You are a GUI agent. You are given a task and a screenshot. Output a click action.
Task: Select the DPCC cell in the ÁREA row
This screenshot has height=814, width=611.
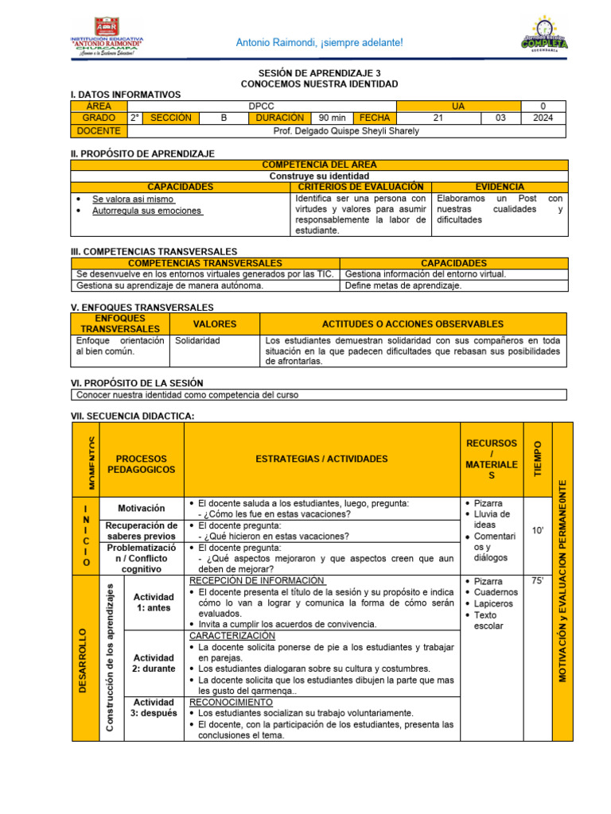pyautogui.click(x=261, y=106)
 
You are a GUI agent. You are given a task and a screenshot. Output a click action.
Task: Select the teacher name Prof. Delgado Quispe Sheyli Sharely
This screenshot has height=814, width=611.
pyautogui.click(x=345, y=130)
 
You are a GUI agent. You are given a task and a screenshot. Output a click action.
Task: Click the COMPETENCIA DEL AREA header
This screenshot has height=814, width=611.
pyautogui.click(x=319, y=165)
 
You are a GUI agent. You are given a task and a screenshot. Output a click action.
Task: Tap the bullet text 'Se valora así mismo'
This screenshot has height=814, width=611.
pyautogui.click(x=133, y=200)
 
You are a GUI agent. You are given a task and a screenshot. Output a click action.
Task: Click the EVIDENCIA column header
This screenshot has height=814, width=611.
pyautogui.click(x=500, y=186)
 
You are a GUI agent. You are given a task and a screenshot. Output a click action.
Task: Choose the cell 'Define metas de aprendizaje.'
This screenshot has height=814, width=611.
pyautogui.click(x=403, y=285)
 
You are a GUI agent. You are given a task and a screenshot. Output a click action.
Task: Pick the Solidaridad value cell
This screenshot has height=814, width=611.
pyautogui.click(x=197, y=340)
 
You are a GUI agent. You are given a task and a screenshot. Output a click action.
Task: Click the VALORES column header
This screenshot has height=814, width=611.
pyautogui.click(x=215, y=324)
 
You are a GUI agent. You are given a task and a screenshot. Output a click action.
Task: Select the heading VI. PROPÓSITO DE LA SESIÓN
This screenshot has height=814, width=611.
pyautogui.click(x=138, y=382)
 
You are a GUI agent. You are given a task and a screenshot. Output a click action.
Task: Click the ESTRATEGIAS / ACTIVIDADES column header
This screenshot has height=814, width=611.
pyautogui.click(x=321, y=459)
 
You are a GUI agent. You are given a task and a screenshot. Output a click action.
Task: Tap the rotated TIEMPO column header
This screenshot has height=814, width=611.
pyautogui.click(x=537, y=459)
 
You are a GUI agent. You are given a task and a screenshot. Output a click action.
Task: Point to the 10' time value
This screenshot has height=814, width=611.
pyautogui.click(x=537, y=531)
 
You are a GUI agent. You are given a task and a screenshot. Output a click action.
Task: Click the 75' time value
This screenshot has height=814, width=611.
pyautogui.click(x=537, y=581)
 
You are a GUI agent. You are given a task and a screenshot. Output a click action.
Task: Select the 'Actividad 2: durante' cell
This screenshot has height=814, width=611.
pyautogui.click(x=154, y=663)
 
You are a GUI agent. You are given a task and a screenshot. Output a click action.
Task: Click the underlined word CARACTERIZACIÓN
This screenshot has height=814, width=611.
pyautogui.click(x=232, y=636)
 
